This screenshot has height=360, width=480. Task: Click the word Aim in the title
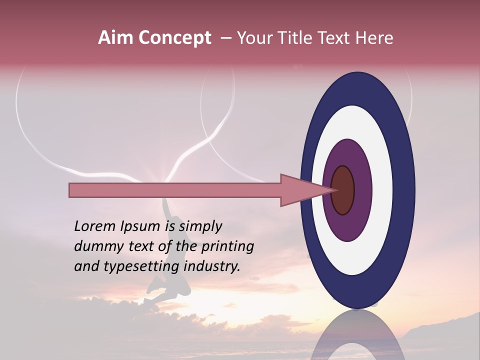tap(115, 38)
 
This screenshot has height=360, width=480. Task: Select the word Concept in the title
tap(174, 38)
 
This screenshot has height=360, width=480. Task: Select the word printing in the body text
tap(227, 247)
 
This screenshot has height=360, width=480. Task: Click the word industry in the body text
tap(212, 266)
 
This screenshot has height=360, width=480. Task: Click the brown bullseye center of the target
tap(343, 190)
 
